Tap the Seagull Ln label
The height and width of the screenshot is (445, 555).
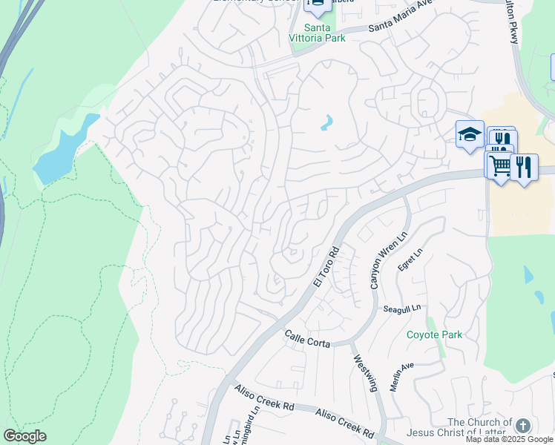[x=402, y=309]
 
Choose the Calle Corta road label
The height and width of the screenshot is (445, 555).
[x=308, y=339]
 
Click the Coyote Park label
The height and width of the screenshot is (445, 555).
[x=434, y=334]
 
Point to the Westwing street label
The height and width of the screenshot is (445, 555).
[x=366, y=372]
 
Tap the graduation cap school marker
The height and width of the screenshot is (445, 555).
[x=469, y=134]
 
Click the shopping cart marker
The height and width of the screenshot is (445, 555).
[x=499, y=166]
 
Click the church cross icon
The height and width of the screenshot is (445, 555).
[x=523, y=426]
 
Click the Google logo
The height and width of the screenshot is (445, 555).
[x=24, y=436]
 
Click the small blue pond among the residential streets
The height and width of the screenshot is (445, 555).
[x=326, y=122]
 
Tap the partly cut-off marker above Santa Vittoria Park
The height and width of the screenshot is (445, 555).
[x=317, y=5]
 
